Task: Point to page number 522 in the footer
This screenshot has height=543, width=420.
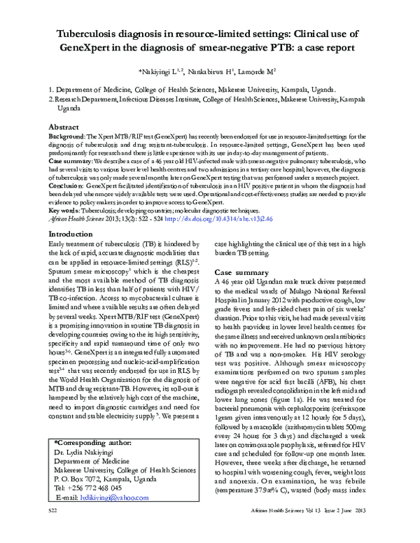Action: pyautogui.click(x=52, y=532)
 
